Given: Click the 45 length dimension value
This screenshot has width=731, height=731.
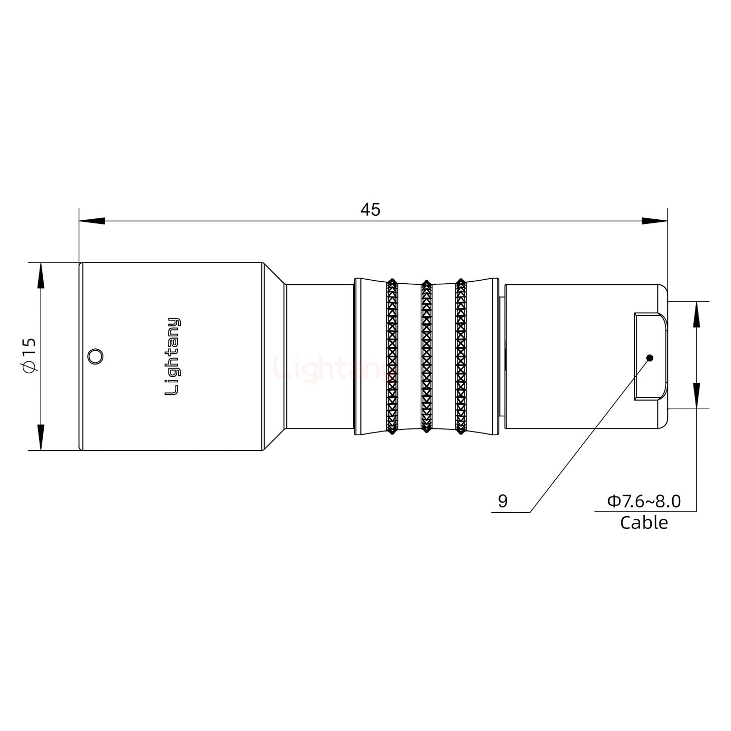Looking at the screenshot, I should pos(370,209).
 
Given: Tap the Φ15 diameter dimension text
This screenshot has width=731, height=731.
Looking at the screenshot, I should pos(29,355).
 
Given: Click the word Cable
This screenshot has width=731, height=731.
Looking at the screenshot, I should pos(644,522).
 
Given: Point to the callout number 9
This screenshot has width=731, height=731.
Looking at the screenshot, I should pos(503,501).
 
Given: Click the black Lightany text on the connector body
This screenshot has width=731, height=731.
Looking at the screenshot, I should pos(173,356).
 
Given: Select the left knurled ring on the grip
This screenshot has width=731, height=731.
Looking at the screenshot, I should pos(391,356).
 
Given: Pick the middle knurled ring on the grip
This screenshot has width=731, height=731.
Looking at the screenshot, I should pos(426,356).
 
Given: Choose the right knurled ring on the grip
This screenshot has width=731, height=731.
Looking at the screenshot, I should pos(461,356).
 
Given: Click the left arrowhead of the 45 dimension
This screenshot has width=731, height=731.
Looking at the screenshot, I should pos(92,221).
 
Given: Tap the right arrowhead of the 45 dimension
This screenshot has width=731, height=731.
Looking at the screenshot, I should pos(654,221).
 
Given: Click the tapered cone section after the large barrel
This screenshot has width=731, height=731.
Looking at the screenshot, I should pos(274,356).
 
